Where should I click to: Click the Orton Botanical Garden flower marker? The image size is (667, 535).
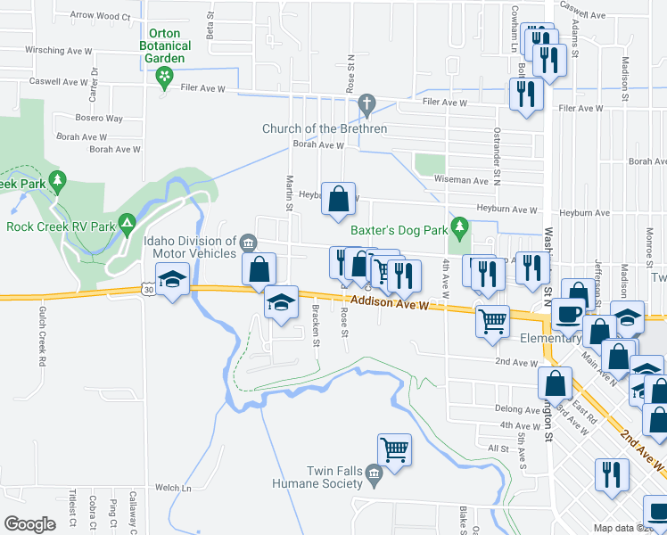tap(164, 78)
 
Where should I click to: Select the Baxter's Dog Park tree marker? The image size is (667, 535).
tap(459, 229)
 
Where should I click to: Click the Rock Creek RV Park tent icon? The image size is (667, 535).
tap(128, 220)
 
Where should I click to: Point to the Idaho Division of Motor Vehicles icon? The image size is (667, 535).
tap(248, 242)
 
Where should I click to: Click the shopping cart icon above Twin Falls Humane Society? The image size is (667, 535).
tap(394, 450)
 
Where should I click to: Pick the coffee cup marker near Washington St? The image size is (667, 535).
tap(568, 314)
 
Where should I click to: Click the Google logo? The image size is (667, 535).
tap(29, 523)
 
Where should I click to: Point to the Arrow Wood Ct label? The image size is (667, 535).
tap(99, 15)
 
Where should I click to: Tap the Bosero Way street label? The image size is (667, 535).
tap(99, 118)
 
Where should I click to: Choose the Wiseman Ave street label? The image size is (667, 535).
tap(461, 179)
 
